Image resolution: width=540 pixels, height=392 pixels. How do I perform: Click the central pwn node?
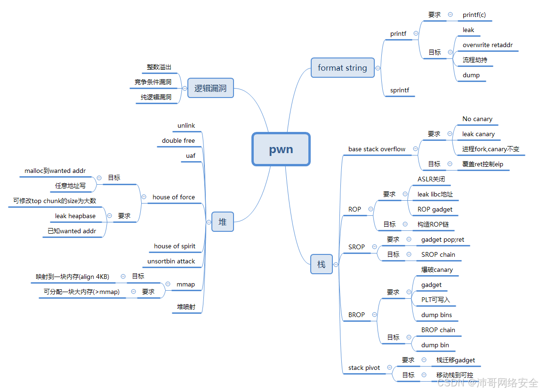tap(281, 149)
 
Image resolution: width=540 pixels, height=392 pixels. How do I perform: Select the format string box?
tap(342, 68)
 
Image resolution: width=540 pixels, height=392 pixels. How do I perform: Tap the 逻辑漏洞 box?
tap(210, 88)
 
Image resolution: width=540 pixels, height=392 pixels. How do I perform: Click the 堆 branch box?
tap(222, 222)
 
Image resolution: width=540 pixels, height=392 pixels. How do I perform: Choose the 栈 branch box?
tap(321, 264)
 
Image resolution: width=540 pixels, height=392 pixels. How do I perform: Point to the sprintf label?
tap(400, 90)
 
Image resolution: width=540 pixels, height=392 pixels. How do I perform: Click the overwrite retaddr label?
tap(487, 45)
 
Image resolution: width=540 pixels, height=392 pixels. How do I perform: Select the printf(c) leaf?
tap(474, 15)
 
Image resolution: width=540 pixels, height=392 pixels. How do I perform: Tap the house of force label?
tap(174, 197)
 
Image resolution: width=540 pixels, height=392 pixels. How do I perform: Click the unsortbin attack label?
tap(171, 261)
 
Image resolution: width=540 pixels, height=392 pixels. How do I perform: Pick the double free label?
tap(178, 141)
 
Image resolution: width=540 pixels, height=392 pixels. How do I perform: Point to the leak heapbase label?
tap(75, 216)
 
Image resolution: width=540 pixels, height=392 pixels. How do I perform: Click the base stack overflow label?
tap(377, 149)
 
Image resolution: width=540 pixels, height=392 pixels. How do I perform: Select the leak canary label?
tap(478, 134)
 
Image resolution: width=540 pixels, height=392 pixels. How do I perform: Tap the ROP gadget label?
tap(435, 210)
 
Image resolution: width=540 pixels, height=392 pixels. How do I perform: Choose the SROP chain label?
tap(438, 255)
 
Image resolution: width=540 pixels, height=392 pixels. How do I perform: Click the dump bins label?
tap(436, 315)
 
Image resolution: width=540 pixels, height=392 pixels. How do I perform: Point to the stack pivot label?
tap(364, 368)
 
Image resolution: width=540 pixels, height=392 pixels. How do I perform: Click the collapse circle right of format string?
tap(378, 68)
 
